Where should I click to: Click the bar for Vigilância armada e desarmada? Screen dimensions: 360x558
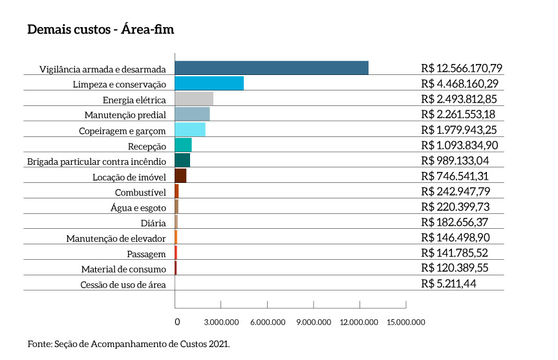click(x=272, y=68)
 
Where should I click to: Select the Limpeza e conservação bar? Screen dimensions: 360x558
click(x=209, y=83)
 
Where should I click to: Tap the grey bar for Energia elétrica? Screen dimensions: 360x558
click(x=194, y=99)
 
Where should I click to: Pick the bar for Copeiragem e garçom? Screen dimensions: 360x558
click(x=190, y=130)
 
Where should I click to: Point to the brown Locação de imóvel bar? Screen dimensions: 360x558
click(x=180, y=176)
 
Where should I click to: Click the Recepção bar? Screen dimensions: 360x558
click(x=183, y=145)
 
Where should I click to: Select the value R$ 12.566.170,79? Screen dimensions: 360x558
click(x=461, y=68)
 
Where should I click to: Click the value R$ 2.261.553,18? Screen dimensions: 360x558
click(x=458, y=114)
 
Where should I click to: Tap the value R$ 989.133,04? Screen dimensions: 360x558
click(x=455, y=160)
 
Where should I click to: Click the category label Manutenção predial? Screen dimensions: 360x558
click(x=125, y=115)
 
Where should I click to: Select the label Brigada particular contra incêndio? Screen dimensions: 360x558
click(x=97, y=161)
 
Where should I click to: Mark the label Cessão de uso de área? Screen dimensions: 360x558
click(x=123, y=284)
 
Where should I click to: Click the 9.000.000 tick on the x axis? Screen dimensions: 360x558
click(x=314, y=321)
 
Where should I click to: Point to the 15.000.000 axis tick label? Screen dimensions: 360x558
click(x=406, y=321)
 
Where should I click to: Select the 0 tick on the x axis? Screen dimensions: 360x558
click(x=177, y=321)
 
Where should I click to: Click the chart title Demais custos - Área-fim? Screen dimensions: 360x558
click(x=100, y=30)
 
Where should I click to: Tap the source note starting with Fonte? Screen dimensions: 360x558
click(x=129, y=344)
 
